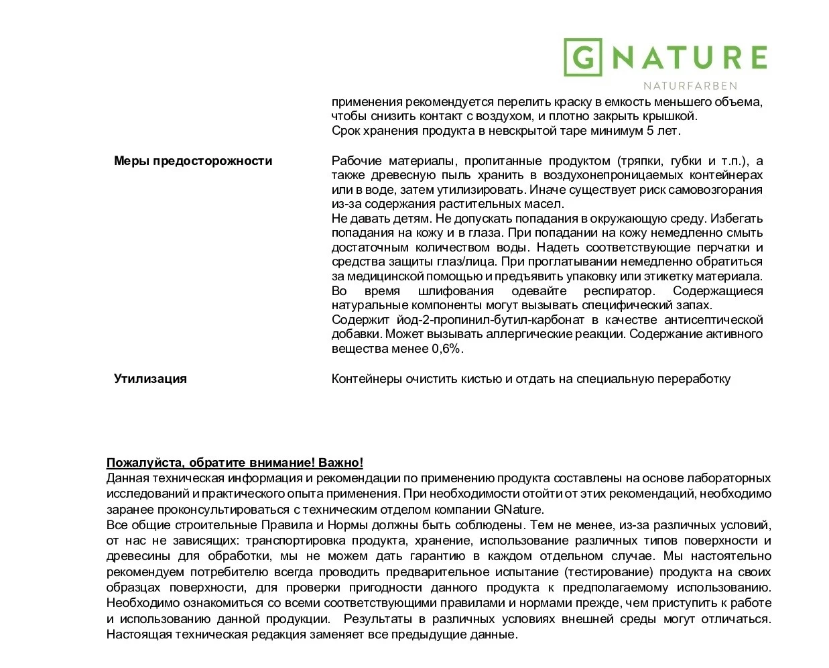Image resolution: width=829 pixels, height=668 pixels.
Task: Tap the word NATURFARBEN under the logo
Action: (x=690, y=86)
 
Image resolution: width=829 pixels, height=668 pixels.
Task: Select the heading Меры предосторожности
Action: (x=193, y=161)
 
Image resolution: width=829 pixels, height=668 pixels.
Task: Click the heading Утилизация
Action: (x=150, y=379)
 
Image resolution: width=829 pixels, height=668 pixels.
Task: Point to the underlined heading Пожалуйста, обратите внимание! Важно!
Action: (x=235, y=463)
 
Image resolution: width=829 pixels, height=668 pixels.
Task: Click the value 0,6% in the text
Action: (x=446, y=349)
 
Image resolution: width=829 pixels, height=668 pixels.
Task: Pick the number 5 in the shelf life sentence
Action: (x=650, y=131)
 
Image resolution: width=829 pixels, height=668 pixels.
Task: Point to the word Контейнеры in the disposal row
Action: (x=367, y=379)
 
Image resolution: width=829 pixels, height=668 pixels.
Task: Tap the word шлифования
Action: (x=456, y=291)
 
